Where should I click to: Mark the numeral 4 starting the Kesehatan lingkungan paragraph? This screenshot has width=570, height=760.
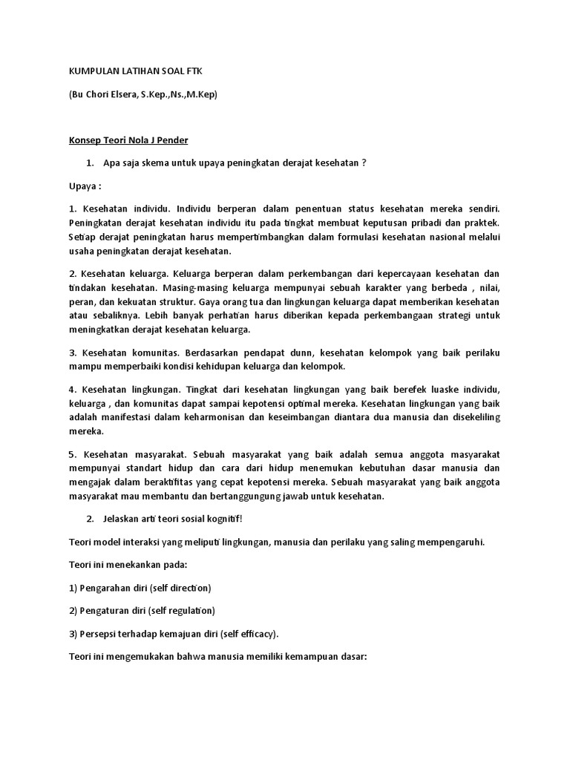[72, 390]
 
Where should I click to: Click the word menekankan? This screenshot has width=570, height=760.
[139, 565]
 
